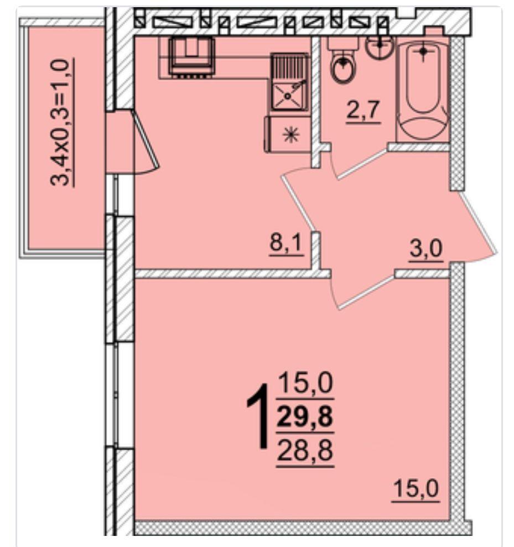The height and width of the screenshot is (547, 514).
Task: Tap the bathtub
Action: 423,91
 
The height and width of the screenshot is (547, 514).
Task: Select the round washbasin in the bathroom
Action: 380,46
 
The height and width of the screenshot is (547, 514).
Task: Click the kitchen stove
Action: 191,56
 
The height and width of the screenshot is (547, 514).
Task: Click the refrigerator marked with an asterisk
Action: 288,134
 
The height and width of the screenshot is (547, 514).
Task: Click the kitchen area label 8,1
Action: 286,243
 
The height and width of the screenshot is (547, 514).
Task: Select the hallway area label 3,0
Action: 426,249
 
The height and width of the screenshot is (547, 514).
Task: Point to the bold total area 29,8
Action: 305,417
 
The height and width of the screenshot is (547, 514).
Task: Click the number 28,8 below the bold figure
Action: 305,450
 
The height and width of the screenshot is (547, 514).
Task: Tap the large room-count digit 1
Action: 258,415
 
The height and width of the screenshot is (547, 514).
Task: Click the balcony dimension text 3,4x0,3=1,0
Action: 62,122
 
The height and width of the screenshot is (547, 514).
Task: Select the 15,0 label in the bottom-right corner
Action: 416,489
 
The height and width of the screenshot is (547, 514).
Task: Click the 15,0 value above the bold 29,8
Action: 305,383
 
